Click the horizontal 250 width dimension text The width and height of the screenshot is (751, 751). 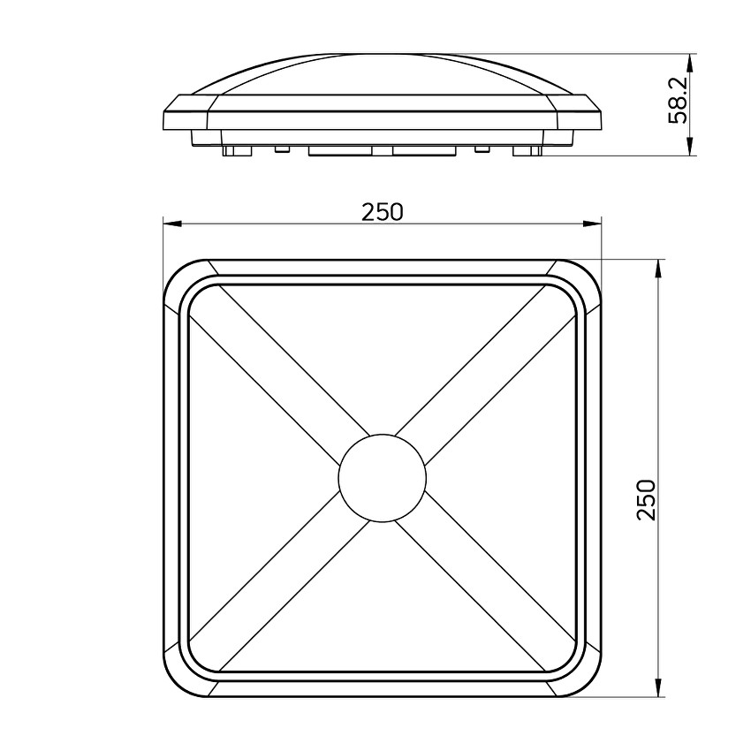coord(382,212)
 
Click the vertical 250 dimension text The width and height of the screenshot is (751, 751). coord(647,499)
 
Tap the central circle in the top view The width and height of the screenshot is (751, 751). coord(382,478)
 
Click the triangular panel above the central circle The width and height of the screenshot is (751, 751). coord(382,353)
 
